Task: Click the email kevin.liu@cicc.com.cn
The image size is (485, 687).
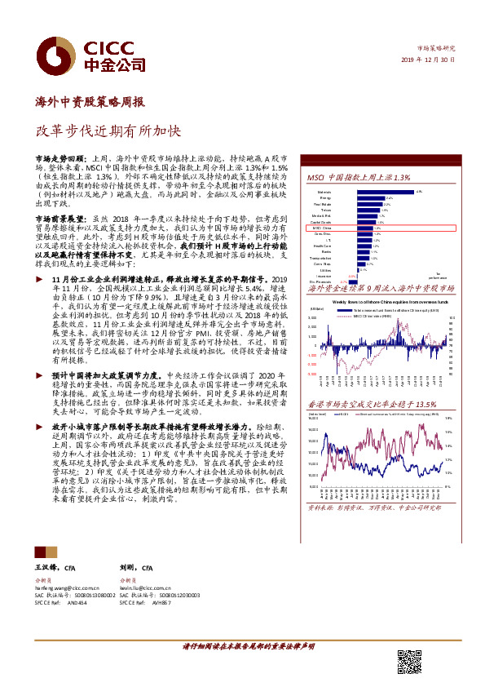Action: pos(148,587)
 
